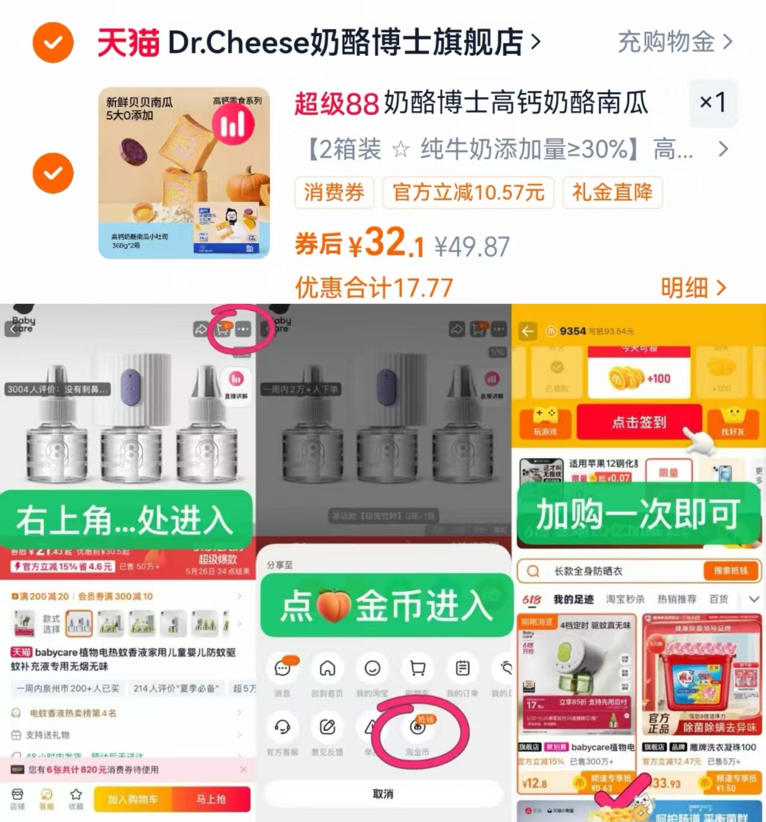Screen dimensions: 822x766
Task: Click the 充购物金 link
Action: tap(674, 42)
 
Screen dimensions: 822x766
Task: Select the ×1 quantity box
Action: tap(713, 103)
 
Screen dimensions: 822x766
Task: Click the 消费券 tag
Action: tap(334, 192)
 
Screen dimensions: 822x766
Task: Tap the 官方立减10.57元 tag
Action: tap(468, 192)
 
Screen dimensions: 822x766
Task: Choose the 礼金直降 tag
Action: tap(612, 192)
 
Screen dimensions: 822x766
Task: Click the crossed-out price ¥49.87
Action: tap(472, 246)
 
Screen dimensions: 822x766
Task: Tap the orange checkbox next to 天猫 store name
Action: tap(53, 43)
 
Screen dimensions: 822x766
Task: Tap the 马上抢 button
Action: tap(211, 799)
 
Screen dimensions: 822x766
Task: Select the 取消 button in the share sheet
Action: tap(383, 794)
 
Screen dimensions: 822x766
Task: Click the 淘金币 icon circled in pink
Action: tap(418, 727)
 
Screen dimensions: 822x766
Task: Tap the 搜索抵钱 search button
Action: tap(731, 571)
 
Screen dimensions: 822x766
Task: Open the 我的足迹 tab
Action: tap(573, 599)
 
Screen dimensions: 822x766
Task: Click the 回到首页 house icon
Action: tap(327, 669)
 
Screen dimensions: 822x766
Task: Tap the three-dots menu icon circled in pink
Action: tap(243, 329)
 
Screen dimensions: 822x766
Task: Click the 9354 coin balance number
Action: tap(573, 331)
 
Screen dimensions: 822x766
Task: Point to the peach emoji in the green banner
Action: tap(333, 606)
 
